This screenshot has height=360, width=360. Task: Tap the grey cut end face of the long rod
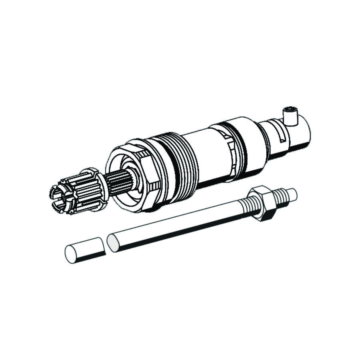click(x=113, y=242)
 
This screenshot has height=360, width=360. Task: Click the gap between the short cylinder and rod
click(x=105, y=245)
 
